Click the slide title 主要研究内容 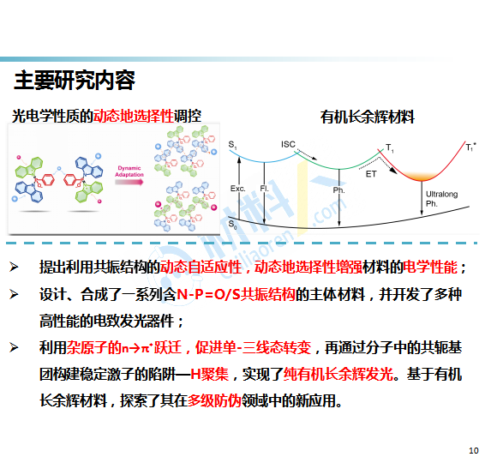75,81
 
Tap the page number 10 474,450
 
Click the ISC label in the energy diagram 288,144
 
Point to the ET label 371,174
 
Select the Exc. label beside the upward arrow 238,189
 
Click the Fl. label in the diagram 265,188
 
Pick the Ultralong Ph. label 441,199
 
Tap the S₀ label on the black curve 232,224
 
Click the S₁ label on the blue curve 232,145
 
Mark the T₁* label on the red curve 471,147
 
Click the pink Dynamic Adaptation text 129,171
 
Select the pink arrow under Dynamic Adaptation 129,182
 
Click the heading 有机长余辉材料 367,117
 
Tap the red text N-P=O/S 208,294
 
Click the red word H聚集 209,374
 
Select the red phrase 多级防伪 214,400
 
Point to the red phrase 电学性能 430,268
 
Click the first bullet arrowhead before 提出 14,267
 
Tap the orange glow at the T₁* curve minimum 422,176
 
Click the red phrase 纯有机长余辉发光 338,374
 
